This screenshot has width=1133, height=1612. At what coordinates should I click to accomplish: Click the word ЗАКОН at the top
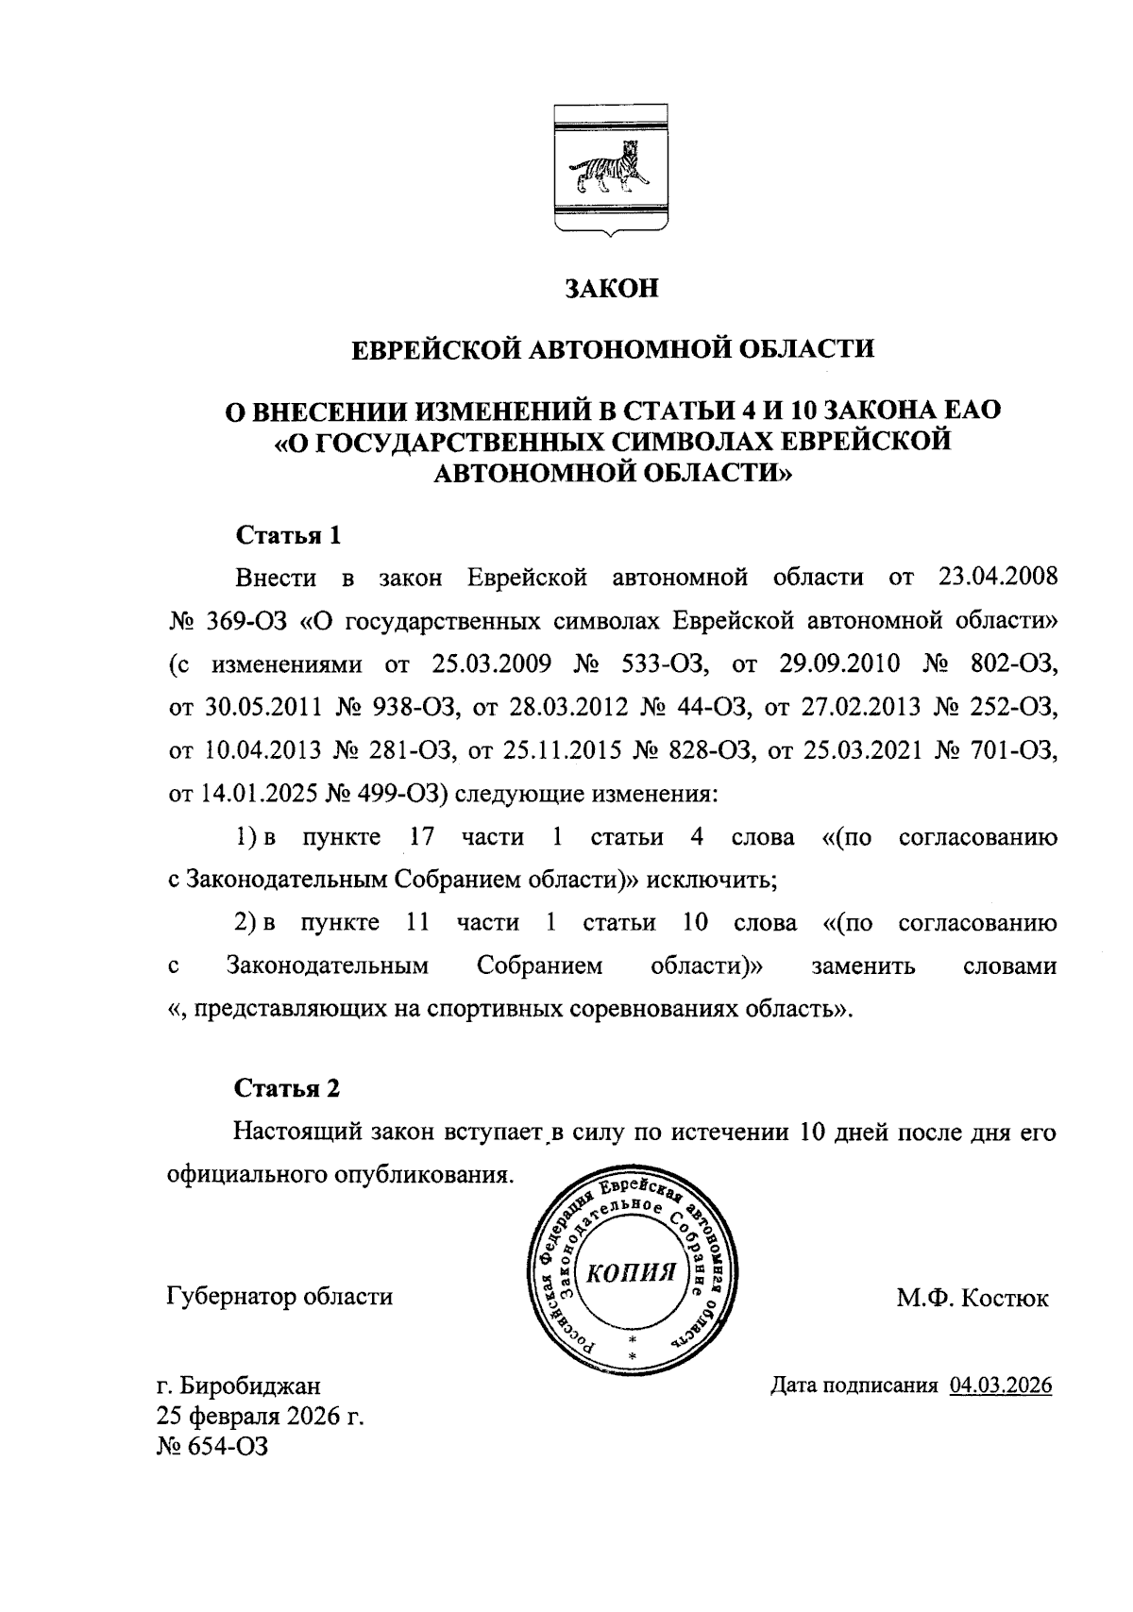[x=611, y=289]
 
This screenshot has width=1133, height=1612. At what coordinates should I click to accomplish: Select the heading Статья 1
[x=287, y=536]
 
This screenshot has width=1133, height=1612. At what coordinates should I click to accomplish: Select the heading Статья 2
[x=287, y=1088]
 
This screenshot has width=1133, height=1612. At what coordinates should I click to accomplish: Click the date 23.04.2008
[x=998, y=576]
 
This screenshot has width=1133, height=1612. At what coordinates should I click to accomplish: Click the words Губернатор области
[x=279, y=1296]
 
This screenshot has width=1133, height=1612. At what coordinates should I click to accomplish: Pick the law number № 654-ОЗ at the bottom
[x=212, y=1446]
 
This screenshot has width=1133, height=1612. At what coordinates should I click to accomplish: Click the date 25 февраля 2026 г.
[x=261, y=1416]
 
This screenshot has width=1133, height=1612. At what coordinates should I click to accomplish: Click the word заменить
[x=862, y=966]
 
